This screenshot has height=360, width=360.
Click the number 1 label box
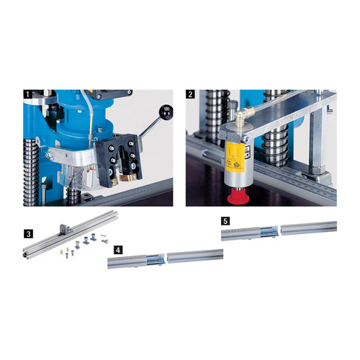pyautogui.click(x=27, y=94)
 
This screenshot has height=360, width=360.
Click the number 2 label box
pyautogui.click(x=190, y=94)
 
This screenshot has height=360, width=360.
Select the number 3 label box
pyautogui.click(x=29, y=234)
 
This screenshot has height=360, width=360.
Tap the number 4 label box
pyautogui.click(x=118, y=250)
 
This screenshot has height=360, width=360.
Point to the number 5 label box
pyautogui.click(x=225, y=221)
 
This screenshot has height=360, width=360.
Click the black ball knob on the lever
pyautogui.click(x=166, y=111)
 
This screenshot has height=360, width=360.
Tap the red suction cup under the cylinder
pyautogui.click(x=236, y=197)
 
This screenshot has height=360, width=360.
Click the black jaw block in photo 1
pyautogui.click(x=120, y=160)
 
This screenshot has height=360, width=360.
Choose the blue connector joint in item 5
pyautogui.click(x=269, y=231)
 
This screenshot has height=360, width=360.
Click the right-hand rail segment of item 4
pyautogui.click(x=195, y=256)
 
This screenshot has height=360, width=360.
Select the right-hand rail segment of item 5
pyautogui.click(x=309, y=228)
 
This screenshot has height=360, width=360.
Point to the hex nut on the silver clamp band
pyautogui.click(x=50, y=155)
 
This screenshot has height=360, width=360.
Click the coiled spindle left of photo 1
pyautogui.click(x=31, y=171)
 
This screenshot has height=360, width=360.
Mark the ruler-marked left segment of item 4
pyautogui.click(x=127, y=262)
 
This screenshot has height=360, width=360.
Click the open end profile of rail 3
pyautogui.click(x=25, y=255)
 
